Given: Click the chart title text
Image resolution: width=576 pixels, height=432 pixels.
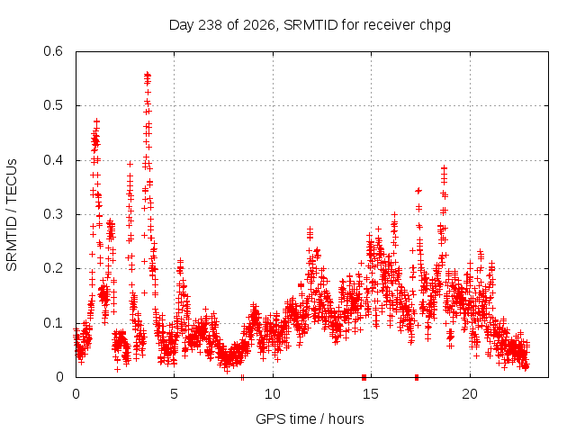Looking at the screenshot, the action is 310,25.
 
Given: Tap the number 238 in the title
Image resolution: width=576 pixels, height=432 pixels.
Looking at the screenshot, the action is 210,25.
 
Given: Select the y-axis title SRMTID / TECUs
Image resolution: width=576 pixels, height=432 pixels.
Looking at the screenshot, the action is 12,215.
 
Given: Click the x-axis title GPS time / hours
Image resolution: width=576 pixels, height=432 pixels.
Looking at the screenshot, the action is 310,418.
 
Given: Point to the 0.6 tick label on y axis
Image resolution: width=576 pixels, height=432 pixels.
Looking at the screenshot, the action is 53,51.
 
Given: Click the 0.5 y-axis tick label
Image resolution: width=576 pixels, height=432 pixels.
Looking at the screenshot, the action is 53,105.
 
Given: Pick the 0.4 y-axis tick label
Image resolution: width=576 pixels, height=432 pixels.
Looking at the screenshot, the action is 53,160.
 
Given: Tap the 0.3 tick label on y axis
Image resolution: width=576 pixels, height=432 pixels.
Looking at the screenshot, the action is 53,214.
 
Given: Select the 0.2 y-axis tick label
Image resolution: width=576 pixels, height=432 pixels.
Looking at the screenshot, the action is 53,268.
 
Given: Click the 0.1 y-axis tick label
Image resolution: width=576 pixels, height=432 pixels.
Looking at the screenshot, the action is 53,323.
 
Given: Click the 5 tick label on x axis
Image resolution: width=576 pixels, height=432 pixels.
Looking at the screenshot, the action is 174,394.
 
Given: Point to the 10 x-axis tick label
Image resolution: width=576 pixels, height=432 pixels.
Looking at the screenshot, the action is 273,394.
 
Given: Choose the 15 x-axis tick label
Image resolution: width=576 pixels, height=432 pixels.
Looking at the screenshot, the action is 371,394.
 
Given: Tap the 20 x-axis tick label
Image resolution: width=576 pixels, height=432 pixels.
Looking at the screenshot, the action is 470,394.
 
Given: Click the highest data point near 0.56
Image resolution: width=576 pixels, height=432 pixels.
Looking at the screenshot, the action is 148,75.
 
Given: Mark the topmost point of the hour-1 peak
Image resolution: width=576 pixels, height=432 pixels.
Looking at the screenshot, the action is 96,121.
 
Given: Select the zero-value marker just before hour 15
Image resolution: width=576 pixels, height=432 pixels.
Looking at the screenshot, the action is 364,377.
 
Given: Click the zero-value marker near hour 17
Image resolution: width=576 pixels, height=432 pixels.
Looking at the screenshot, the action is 417,377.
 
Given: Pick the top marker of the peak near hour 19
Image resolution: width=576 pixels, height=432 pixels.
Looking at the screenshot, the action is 444,168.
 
